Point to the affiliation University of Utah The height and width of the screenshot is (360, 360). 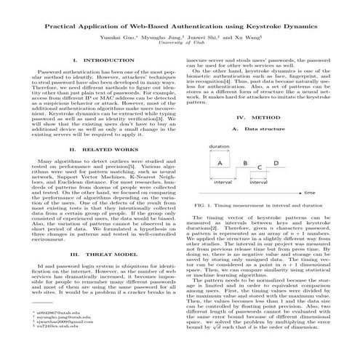180,43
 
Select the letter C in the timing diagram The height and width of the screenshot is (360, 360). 260,172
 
